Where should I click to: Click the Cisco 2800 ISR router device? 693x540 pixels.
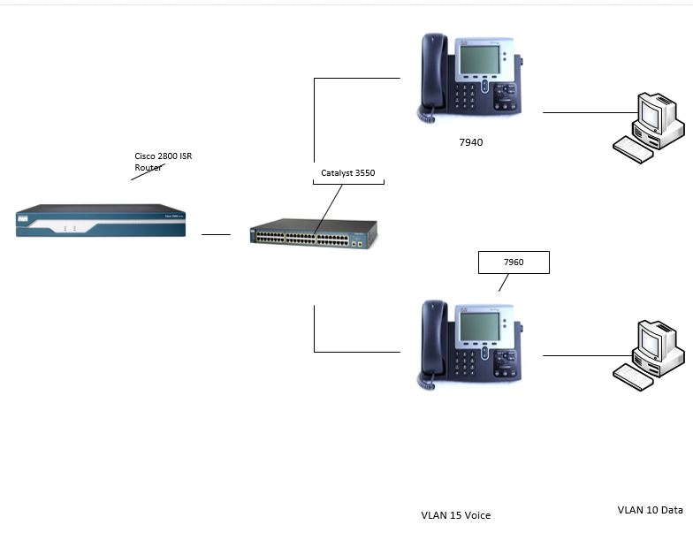click(x=101, y=221)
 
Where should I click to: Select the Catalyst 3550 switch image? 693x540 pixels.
click(x=314, y=233)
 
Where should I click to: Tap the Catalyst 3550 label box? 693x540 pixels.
click(x=349, y=173)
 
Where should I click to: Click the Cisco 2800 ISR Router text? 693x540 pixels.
click(x=163, y=161)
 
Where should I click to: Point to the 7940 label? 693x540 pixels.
click(x=470, y=141)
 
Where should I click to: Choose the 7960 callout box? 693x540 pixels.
click(x=513, y=262)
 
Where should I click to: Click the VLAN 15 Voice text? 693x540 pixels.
click(x=455, y=514)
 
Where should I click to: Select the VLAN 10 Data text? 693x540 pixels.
click(x=650, y=510)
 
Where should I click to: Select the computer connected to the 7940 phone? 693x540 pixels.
click(x=651, y=128)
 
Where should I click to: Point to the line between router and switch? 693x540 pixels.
click(x=216, y=235)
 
